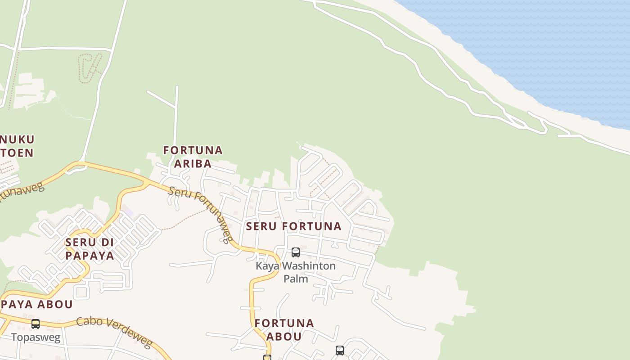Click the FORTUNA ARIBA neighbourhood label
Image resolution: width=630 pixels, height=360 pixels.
coord(193,157)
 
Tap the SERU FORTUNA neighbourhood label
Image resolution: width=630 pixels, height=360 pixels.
coord(293,226)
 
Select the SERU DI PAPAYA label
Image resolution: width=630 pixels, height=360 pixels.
coord(89,249)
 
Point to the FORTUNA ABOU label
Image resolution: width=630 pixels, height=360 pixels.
coord(284,329)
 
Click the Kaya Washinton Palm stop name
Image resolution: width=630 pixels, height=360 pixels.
coord(296,272)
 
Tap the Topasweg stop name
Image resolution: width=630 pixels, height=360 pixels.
coord(36,337)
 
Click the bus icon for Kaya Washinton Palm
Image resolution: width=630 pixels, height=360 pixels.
coord(296,252)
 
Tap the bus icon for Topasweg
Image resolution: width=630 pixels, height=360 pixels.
coord(36,324)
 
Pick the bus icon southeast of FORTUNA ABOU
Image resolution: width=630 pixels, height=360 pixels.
coord(340,350)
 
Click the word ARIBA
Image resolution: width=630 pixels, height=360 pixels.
coord(193,164)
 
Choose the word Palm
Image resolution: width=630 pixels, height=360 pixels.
coord(296,279)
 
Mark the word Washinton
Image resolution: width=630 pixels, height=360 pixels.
coord(308,266)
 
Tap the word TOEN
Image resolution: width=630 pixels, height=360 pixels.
coord(17,153)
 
